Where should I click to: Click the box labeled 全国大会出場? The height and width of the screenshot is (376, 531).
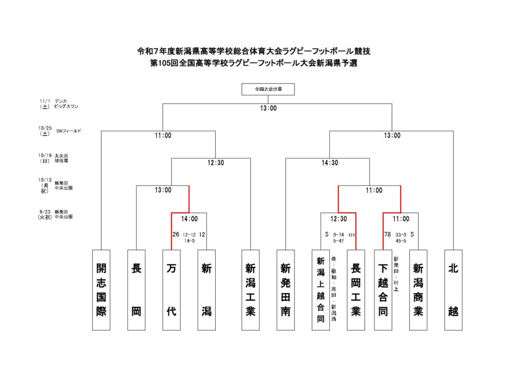click(x=268, y=89)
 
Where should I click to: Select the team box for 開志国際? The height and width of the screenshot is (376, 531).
click(x=101, y=289)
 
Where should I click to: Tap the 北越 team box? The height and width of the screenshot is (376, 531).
click(x=453, y=289)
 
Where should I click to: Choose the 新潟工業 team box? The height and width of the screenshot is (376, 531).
click(x=251, y=289)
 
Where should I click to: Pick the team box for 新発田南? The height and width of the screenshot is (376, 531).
click(x=286, y=289)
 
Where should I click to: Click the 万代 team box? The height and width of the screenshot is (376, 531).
click(x=172, y=289)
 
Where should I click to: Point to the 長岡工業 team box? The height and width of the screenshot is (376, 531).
click(x=356, y=289)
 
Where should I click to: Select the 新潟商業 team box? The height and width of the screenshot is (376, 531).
click(x=418, y=289)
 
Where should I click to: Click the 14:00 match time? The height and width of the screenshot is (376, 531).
click(x=189, y=219)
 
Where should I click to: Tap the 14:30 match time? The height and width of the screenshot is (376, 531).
click(x=329, y=163)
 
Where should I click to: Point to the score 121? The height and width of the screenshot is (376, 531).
click(x=352, y=234)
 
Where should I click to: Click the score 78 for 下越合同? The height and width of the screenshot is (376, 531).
click(x=387, y=234)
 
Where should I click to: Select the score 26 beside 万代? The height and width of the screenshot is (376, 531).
click(x=176, y=234)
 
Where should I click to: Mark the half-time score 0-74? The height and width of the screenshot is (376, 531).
click(x=338, y=234)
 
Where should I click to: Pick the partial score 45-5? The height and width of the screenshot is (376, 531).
click(x=401, y=241)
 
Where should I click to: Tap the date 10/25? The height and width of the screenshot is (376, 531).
click(x=45, y=128)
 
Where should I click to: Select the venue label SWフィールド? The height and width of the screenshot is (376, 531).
click(x=68, y=131)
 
